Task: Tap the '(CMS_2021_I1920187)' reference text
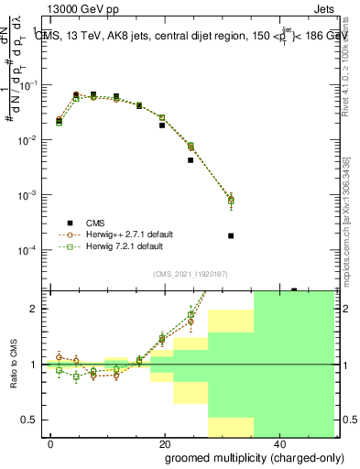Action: [190, 273]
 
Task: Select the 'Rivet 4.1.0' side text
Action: [345, 64]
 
